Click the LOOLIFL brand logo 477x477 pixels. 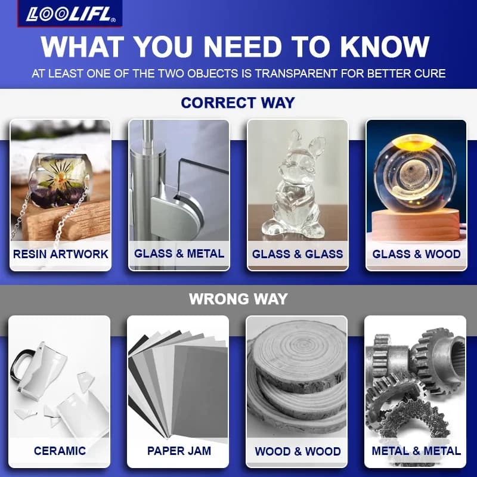(x=70, y=14)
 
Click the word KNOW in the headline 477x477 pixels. (x=384, y=47)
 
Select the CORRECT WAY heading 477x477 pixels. (x=238, y=103)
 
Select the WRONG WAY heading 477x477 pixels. (x=238, y=299)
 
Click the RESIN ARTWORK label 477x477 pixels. (x=61, y=254)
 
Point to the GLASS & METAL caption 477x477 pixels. (x=179, y=253)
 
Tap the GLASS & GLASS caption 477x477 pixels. (x=298, y=254)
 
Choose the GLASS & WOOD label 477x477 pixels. (x=416, y=254)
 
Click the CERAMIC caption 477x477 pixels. (x=60, y=451)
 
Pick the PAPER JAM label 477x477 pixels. (x=179, y=451)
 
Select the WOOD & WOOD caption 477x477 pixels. (x=298, y=451)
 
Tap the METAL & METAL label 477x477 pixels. (x=416, y=451)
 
